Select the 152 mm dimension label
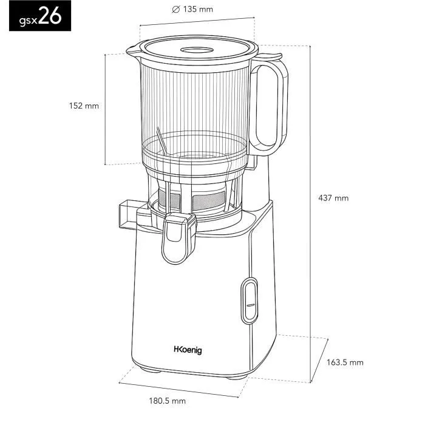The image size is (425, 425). (x=84, y=106)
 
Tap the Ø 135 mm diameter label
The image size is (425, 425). (x=193, y=10)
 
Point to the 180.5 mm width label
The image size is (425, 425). (x=168, y=401)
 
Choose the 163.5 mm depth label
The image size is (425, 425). (x=345, y=362)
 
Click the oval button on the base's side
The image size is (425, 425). (x=249, y=301)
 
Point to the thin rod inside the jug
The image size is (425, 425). (x=161, y=141)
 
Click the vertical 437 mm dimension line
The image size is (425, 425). (x=312, y=200)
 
